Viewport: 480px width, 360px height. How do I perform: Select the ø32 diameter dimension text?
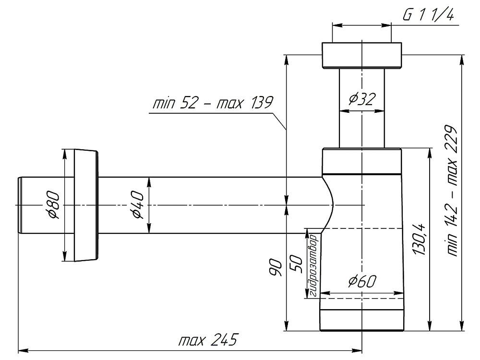(362, 99)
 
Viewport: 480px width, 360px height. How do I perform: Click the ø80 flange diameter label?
(53, 205)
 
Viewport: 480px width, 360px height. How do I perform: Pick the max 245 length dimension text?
(208, 341)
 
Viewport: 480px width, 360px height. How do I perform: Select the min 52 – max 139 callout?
(212, 103)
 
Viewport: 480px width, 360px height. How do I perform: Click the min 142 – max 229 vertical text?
(452, 192)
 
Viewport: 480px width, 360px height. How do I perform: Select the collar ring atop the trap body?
(361, 160)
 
